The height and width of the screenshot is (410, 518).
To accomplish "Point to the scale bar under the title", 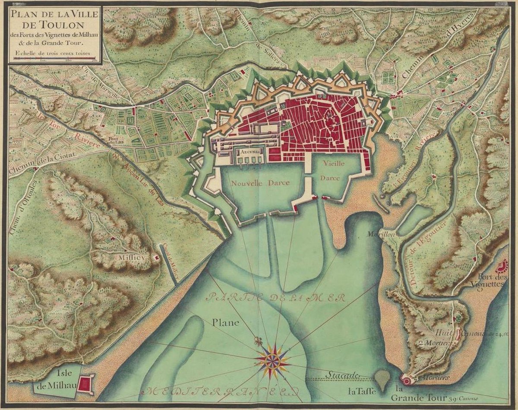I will point(54,59).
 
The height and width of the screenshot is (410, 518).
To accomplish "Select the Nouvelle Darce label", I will point(260,183).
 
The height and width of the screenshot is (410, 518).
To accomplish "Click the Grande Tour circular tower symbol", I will point(406,380).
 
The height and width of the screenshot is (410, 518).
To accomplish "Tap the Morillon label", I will point(376,234).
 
